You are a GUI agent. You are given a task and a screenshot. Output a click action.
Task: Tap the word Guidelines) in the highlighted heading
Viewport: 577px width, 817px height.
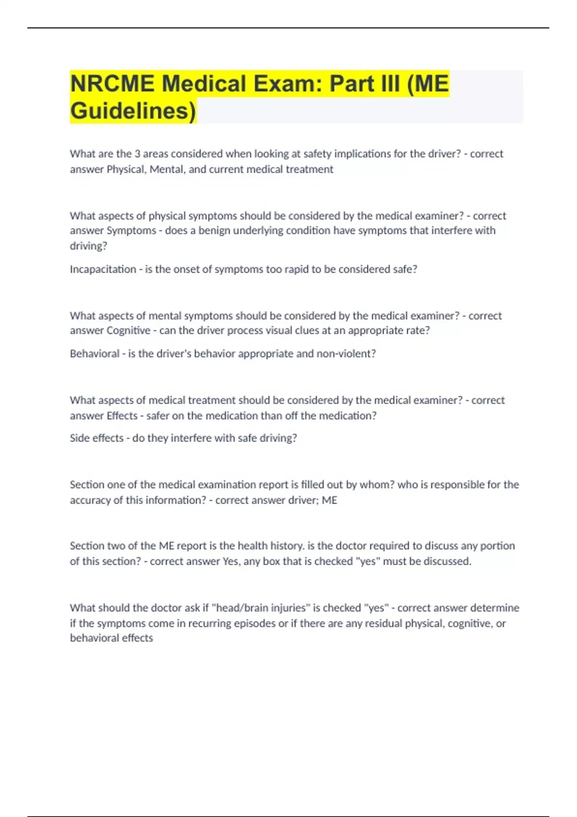pyautogui.click(x=133, y=111)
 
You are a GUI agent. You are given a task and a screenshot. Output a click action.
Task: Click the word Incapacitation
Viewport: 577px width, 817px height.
pyautogui.click(x=103, y=269)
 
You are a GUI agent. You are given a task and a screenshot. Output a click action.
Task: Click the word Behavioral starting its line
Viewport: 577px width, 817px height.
pyautogui.click(x=95, y=354)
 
